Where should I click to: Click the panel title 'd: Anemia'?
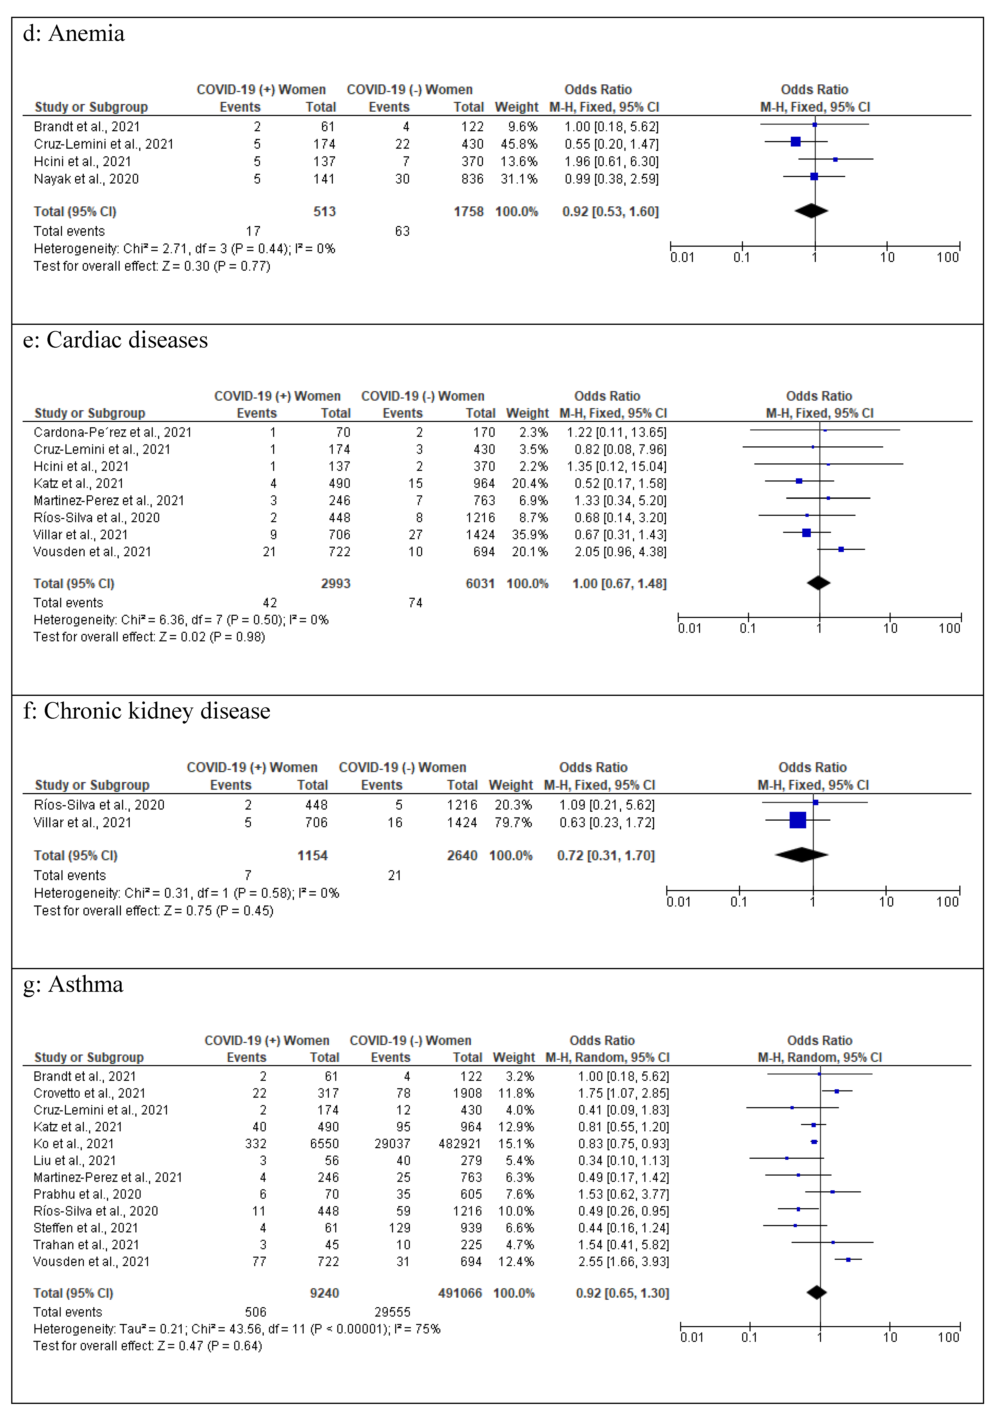pyautogui.click(x=73, y=33)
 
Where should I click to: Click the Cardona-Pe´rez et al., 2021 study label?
pyautogui.click(x=113, y=432)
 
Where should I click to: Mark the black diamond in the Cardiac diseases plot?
pyautogui.click(x=818, y=583)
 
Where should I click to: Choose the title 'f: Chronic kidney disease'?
pyautogui.click(x=146, y=711)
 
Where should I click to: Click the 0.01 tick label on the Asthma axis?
pyautogui.click(x=692, y=1337)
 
